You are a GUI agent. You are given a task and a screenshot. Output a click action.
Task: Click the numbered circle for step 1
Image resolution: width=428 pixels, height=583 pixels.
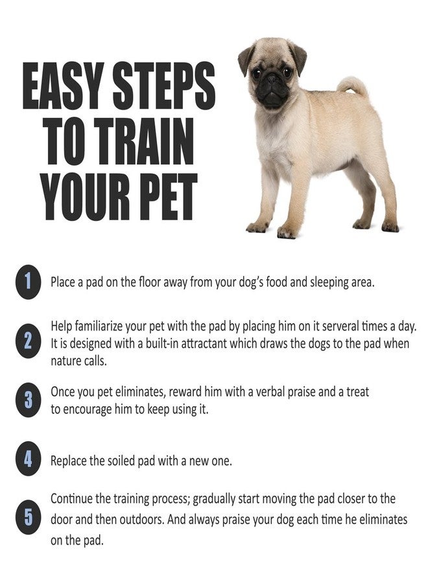(x=28, y=282)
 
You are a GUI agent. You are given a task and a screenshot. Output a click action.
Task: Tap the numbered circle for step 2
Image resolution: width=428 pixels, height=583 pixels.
(x=28, y=341)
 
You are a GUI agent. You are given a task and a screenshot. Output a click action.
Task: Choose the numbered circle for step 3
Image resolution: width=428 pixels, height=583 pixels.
(x=28, y=400)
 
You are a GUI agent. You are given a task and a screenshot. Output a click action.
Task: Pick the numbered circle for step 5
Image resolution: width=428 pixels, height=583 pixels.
(x=28, y=517)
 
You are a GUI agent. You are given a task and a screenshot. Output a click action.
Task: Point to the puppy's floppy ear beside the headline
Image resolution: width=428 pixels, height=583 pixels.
(x=245, y=59)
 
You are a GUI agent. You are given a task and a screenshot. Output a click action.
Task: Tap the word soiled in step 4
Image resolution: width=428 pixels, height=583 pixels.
(x=121, y=461)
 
